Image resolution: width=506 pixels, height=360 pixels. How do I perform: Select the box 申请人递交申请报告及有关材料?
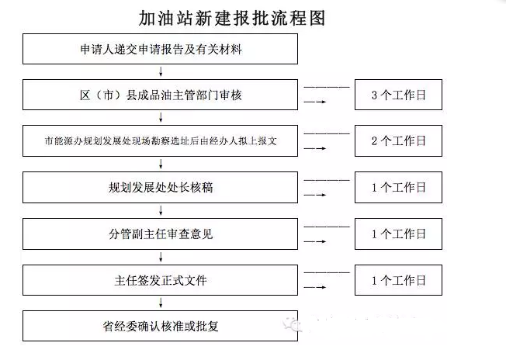[x=160, y=50]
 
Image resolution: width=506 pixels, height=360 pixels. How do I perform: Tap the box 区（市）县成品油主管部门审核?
[x=160, y=95]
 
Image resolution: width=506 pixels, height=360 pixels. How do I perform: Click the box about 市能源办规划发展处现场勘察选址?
[x=160, y=141]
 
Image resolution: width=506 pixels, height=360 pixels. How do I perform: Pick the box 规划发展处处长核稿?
[x=160, y=187]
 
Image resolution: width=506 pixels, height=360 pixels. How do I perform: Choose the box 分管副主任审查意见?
[x=160, y=233]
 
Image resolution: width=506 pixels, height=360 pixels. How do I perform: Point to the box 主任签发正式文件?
[x=160, y=279]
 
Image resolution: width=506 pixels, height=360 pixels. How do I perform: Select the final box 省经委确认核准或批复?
[x=160, y=324]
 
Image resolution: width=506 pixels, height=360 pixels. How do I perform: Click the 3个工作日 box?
[x=398, y=95]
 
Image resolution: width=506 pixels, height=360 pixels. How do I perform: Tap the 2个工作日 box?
[x=398, y=141]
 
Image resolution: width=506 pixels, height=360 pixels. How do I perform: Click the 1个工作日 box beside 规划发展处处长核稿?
[x=398, y=187]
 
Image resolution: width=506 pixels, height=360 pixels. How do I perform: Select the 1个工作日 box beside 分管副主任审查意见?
[x=398, y=233]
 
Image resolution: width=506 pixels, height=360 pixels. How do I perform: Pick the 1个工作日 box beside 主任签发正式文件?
[x=398, y=279]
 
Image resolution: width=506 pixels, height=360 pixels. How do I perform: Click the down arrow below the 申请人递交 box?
[x=160, y=72]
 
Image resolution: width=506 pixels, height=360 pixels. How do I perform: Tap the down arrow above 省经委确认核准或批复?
[x=160, y=302]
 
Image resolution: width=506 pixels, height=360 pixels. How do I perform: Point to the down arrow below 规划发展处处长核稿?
[x=160, y=210]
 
